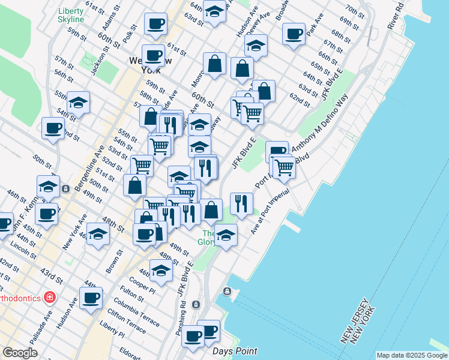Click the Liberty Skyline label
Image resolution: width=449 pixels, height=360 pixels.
click(71, 16)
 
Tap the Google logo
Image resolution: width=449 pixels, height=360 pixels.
click(20, 353)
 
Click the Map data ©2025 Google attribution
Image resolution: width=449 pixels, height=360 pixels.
click(411, 355)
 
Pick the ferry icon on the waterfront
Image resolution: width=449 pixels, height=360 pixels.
click(227, 292)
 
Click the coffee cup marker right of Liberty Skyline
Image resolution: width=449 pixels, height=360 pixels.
click(156, 25)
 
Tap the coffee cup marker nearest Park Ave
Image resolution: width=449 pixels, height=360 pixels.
click(294, 34)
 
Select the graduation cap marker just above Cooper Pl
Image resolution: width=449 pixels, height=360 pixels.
click(161, 270)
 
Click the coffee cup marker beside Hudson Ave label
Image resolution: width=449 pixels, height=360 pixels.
click(91, 298)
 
